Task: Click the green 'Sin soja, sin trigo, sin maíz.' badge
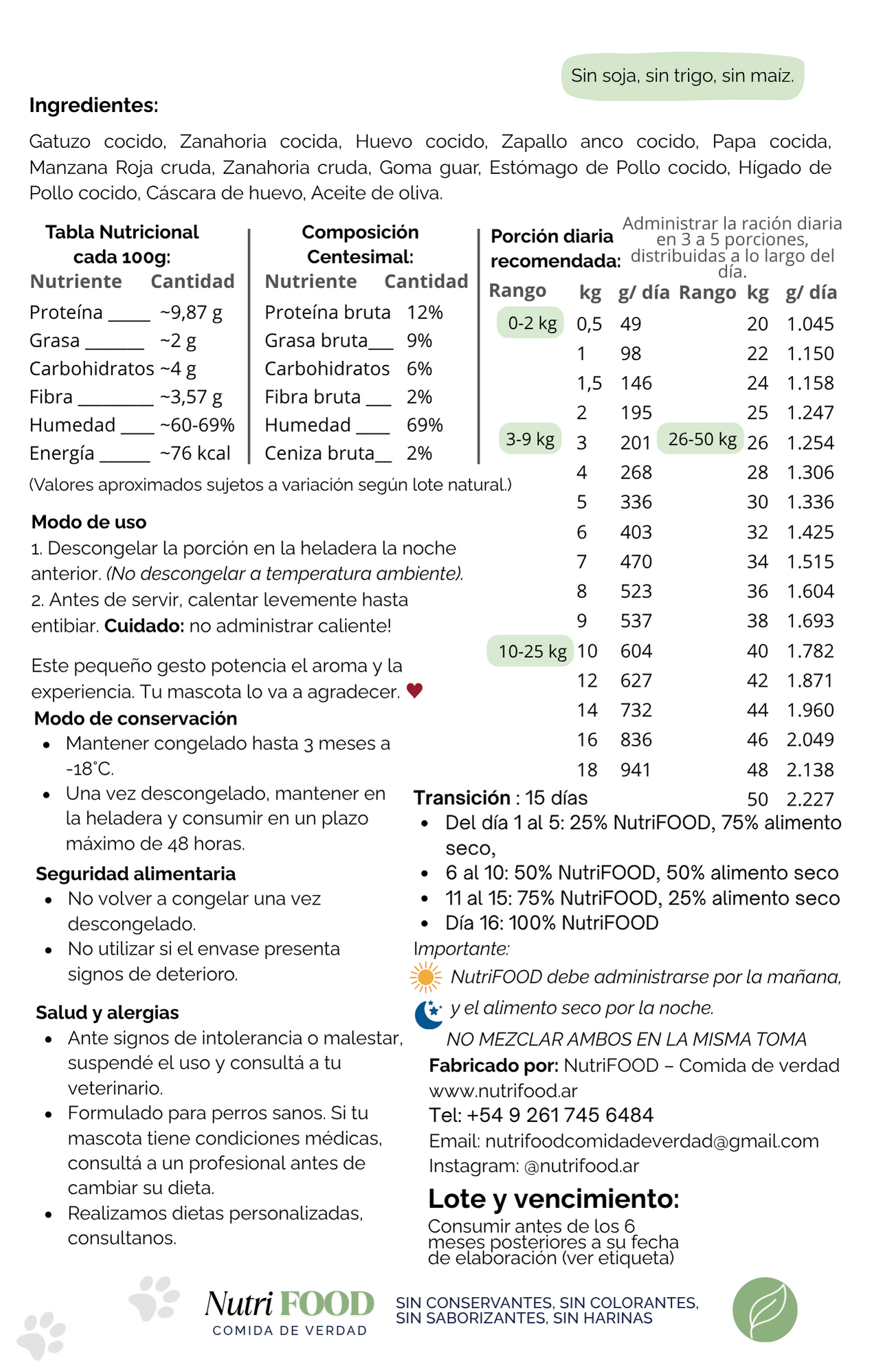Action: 682,76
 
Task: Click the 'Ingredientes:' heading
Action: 93,105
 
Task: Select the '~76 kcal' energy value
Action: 195,454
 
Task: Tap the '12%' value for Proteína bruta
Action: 425,313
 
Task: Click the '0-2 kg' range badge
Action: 532,323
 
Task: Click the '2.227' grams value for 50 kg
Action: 810,799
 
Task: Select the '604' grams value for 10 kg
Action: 636,651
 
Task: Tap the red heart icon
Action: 414,691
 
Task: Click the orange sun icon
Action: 425,977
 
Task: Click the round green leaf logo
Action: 765,1310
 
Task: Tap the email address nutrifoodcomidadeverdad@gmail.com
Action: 651,1141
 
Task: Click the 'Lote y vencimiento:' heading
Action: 554,1199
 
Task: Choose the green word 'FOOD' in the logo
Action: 327,1304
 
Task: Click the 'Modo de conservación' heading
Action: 135,718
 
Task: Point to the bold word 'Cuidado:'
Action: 144,626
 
